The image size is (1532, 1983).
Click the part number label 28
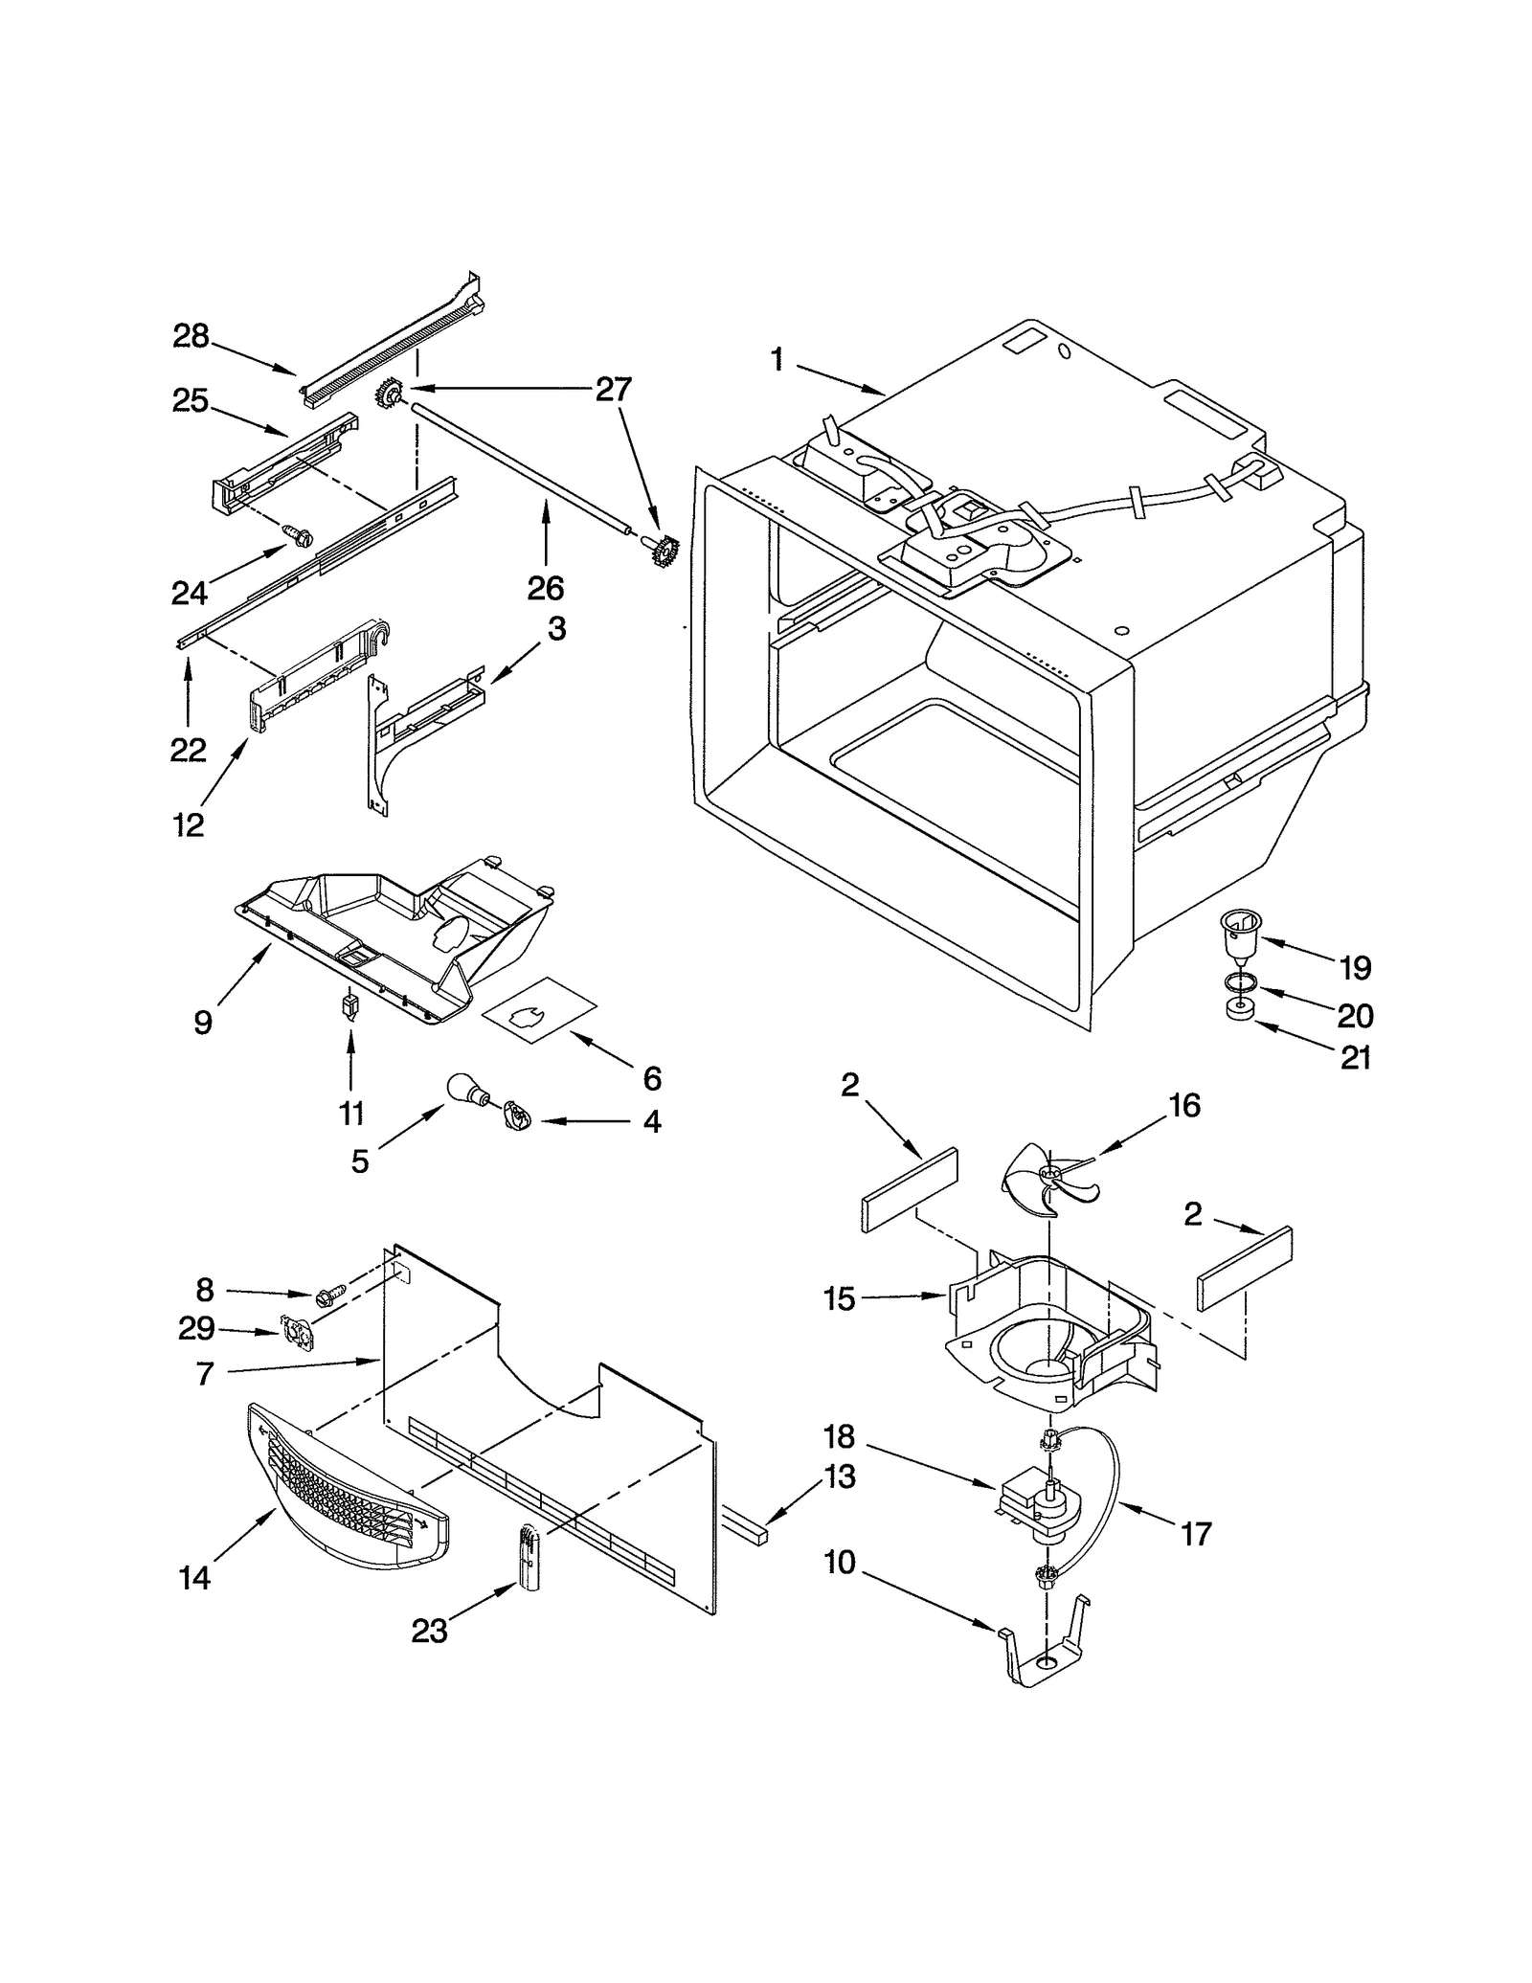click(191, 336)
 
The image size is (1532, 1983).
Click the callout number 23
click(429, 1631)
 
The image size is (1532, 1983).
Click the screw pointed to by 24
click(298, 534)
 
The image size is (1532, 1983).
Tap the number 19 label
click(1355, 968)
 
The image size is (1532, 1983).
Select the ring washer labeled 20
click(1242, 982)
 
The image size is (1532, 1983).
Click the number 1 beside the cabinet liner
click(777, 360)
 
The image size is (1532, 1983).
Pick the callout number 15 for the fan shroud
click(839, 1299)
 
